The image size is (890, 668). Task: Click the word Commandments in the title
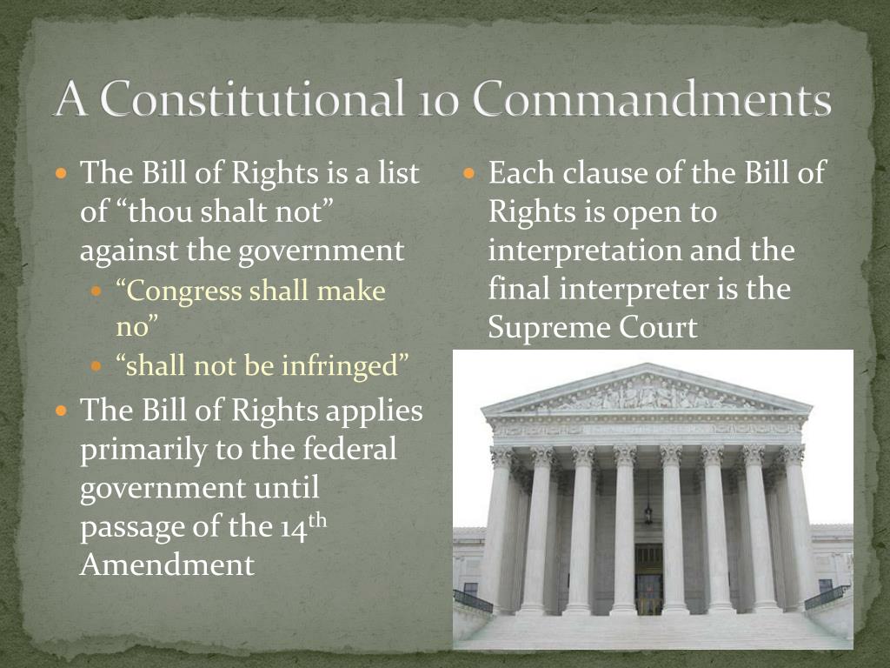pyautogui.click(x=652, y=100)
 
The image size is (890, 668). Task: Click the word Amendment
pyautogui.click(x=167, y=564)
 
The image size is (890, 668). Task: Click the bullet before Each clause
pyautogui.click(x=470, y=173)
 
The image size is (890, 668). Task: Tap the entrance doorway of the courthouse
pyautogui.click(x=648, y=578)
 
